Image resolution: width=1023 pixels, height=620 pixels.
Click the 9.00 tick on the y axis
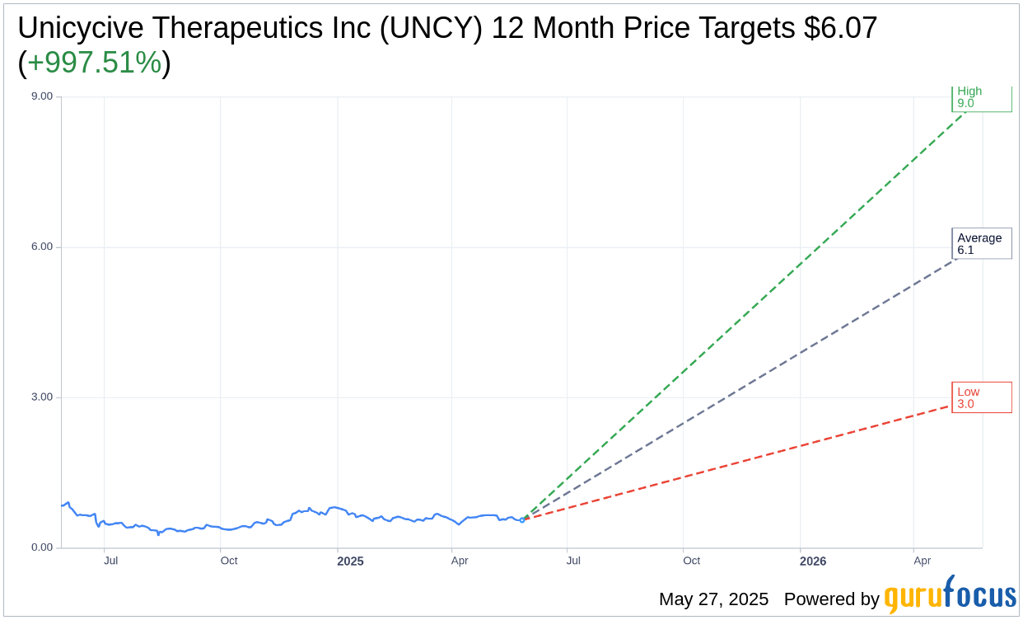pos(41,96)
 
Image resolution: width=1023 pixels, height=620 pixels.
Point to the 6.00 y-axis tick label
pos(41,247)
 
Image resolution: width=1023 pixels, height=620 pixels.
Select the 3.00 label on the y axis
pos(41,397)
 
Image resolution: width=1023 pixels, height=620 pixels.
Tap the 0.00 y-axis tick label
pos(41,547)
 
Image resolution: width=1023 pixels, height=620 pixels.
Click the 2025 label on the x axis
pos(350,561)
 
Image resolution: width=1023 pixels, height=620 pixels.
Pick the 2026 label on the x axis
pos(813,561)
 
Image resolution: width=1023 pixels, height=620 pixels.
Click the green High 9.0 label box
pos(981,98)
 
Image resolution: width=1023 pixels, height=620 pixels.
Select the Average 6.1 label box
pos(981,244)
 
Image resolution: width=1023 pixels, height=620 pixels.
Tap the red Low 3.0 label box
pos(981,397)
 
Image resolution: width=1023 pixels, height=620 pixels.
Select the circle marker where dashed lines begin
pos(522,519)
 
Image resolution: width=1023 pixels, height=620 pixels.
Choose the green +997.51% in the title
pos(94,63)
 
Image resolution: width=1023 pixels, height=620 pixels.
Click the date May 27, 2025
pos(713,599)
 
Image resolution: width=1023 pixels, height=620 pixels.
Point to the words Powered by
pos(831,599)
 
